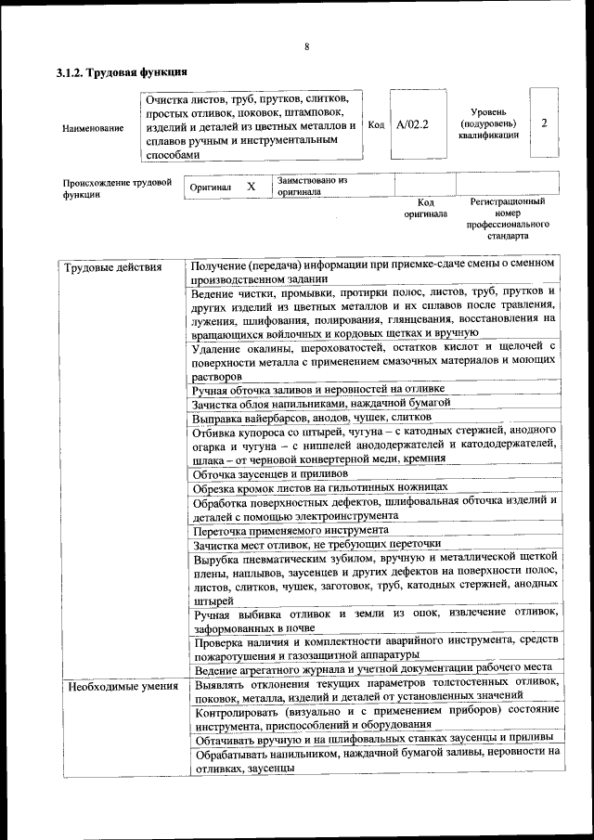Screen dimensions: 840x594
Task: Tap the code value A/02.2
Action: pyautogui.click(x=412, y=124)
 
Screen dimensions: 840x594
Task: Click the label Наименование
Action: pyautogui.click(x=92, y=127)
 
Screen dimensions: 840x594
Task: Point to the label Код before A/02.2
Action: pyautogui.click(x=376, y=124)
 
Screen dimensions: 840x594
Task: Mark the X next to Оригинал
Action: pyautogui.click(x=251, y=187)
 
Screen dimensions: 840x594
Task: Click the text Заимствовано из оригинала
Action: pyautogui.click(x=311, y=187)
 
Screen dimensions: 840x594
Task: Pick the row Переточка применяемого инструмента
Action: pyautogui.click(x=278, y=530)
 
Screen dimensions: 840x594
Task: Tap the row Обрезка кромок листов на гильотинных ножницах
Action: pyautogui.click(x=320, y=486)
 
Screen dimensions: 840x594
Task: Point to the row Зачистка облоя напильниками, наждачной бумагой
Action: pyautogui.click(x=321, y=403)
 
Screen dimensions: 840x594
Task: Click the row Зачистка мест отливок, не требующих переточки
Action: pyautogui.click(x=316, y=544)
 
